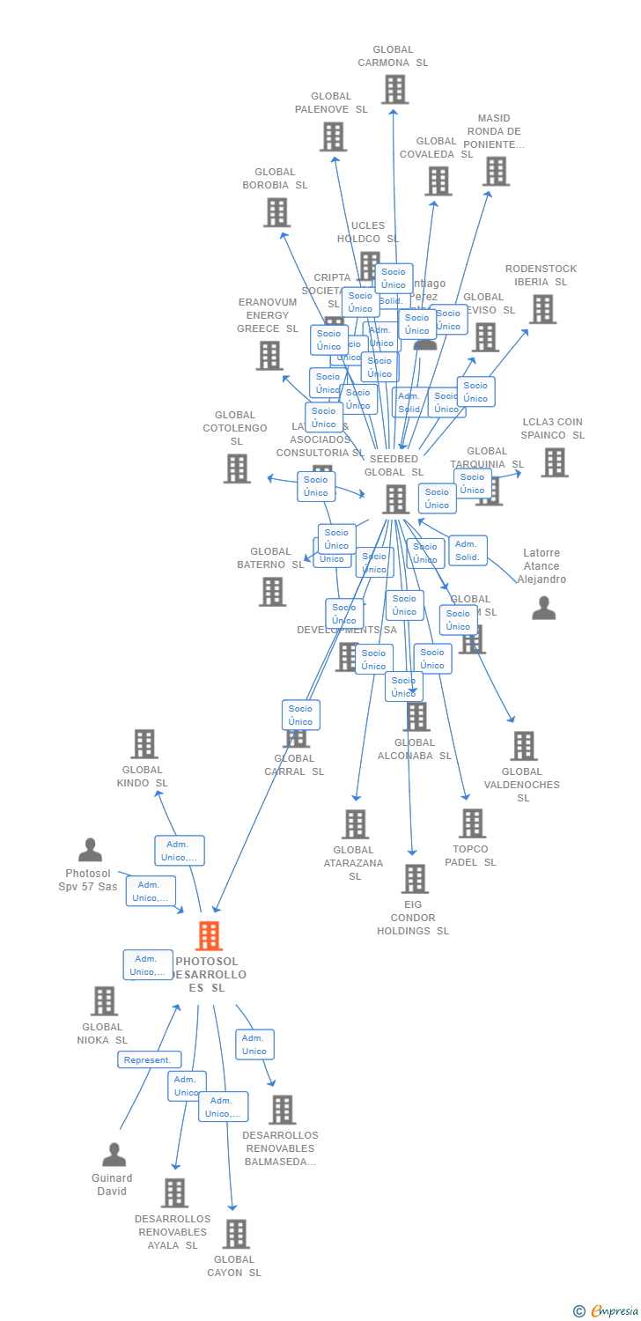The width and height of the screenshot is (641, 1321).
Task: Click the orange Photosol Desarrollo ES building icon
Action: click(x=209, y=935)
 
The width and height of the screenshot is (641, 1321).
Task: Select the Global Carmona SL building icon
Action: click(x=394, y=89)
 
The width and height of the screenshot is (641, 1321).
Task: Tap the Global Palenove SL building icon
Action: click(x=333, y=137)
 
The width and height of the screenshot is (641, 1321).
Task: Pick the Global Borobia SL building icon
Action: click(x=276, y=212)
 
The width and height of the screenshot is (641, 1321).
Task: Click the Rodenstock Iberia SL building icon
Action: click(x=542, y=309)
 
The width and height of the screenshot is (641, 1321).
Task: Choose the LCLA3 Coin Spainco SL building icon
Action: click(x=554, y=462)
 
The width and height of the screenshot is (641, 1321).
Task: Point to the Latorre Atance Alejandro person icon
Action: click(x=544, y=609)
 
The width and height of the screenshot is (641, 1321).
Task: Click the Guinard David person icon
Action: click(x=114, y=1155)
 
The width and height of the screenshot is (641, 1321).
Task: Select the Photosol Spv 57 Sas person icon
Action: click(x=90, y=850)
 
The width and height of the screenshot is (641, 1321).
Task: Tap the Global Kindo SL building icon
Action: click(x=144, y=744)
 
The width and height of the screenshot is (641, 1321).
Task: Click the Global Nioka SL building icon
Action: click(x=104, y=1000)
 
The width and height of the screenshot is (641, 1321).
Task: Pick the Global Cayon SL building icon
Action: click(x=236, y=1234)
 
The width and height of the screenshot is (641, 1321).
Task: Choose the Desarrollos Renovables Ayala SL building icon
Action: click(x=174, y=1193)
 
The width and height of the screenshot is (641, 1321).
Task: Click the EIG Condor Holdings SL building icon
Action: click(x=415, y=879)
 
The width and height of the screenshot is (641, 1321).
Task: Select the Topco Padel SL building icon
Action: click(x=472, y=823)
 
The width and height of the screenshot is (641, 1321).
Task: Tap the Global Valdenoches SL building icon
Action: click(x=523, y=746)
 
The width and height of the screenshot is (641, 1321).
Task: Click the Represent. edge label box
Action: click(x=150, y=1059)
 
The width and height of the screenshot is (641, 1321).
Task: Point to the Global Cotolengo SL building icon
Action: click(x=237, y=469)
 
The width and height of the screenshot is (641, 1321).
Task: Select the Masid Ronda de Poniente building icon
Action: click(x=497, y=171)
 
